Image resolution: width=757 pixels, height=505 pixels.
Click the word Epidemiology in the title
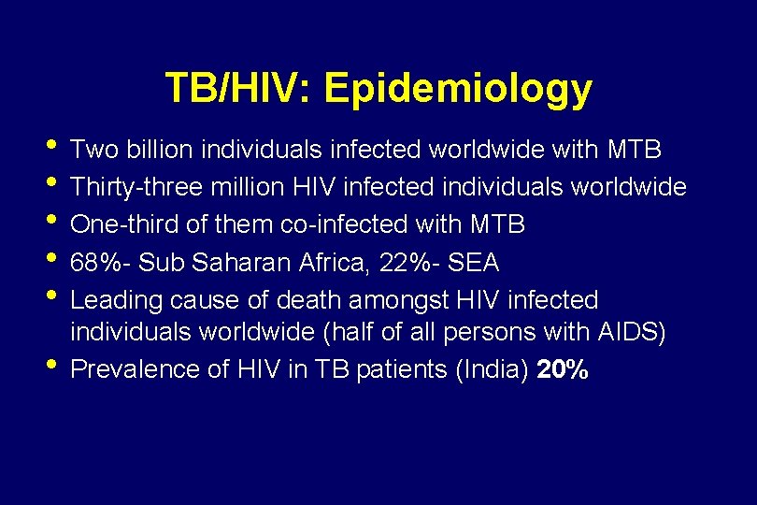tap(457, 88)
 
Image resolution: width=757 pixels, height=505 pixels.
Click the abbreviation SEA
tap(474, 264)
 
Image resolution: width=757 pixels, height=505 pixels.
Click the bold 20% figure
tap(564, 369)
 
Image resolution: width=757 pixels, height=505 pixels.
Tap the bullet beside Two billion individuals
tap(50, 147)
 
